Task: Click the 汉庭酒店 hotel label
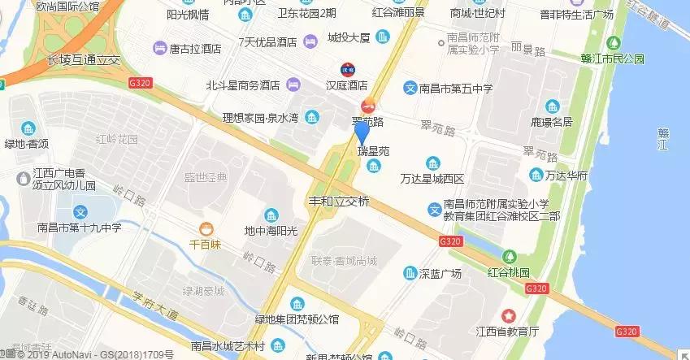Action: [x=347, y=85]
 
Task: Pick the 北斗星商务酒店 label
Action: [x=242, y=85]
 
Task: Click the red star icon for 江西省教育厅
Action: [x=509, y=315]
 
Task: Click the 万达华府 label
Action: [x=566, y=175]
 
